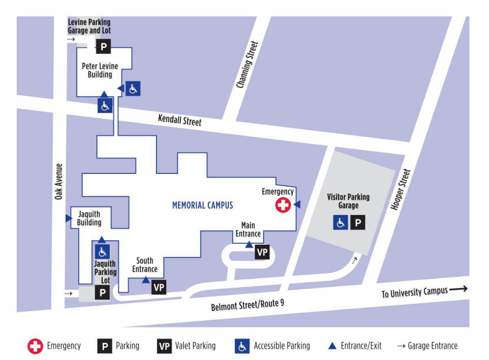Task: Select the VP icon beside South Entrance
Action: pyautogui.click(x=159, y=287)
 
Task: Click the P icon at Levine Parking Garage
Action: pyautogui.click(x=103, y=47)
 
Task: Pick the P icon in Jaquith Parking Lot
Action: pyautogui.click(x=102, y=293)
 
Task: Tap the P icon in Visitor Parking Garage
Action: pyautogui.click(x=357, y=223)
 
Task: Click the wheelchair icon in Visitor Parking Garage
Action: pyautogui.click(x=340, y=223)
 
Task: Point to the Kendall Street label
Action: pyautogui.click(x=180, y=121)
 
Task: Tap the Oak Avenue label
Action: pyautogui.click(x=59, y=181)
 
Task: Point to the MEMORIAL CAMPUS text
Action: pyautogui.click(x=203, y=205)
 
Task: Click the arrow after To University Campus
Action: pyautogui.click(x=458, y=290)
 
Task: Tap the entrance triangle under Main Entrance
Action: pyautogui.click(x=249, y=244)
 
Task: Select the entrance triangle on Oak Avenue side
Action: pyautogui.click(x=68, y=219)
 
